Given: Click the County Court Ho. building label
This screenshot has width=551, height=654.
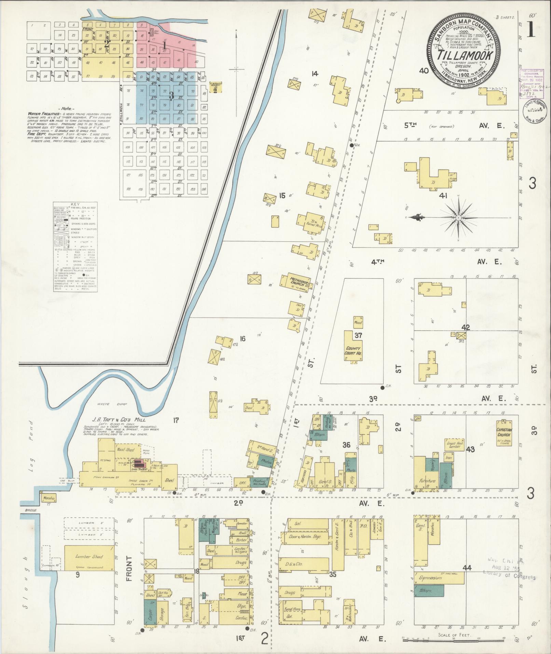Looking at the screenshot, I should (353, 350).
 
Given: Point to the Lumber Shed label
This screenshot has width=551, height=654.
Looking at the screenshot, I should (89, 557).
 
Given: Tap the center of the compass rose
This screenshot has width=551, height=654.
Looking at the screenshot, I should (458, 218).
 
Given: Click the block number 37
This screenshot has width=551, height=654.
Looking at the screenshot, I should (358, 335).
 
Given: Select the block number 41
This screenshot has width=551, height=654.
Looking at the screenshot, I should (443, 196).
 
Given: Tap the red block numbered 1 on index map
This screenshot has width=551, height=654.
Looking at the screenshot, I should (164, 44).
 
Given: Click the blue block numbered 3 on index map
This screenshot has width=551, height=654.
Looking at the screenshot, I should (171, 96).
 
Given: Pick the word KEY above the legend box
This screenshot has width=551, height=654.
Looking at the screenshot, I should (74, 205).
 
